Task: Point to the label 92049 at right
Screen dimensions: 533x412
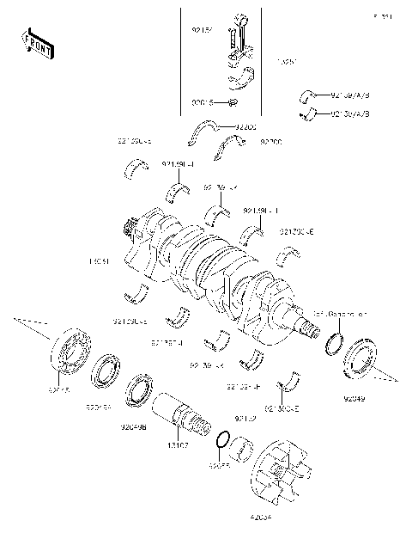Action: coord(354,399)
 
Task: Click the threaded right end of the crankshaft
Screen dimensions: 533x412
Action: coord(310,325)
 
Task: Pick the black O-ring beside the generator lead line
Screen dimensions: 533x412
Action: coord(329,344)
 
